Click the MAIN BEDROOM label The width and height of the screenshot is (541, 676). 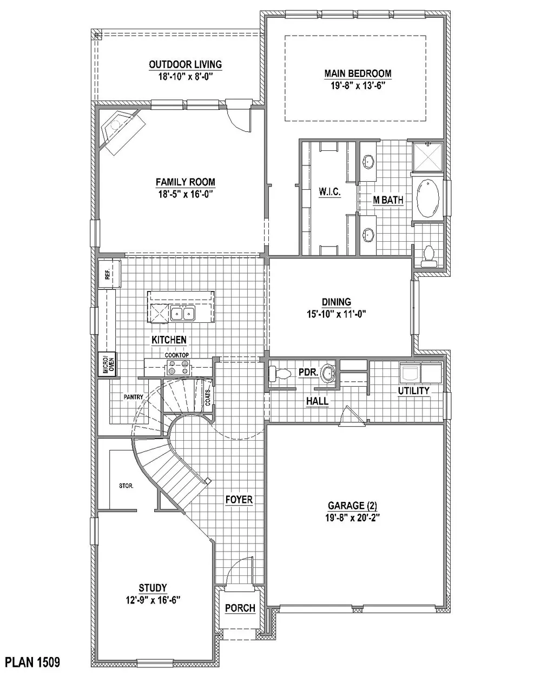358,74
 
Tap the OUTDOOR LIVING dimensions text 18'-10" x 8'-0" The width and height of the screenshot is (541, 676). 186,76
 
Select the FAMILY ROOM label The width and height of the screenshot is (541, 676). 186,182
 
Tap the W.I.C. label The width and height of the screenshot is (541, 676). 329,191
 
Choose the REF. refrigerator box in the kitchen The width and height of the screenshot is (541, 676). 109,274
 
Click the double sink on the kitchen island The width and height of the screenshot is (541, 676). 182,313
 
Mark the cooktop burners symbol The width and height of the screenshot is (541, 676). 178,368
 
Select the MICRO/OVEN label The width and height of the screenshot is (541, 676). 107,364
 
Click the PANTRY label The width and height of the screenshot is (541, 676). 133,397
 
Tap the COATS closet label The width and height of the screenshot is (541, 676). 207,397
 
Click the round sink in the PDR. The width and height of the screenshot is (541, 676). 328,373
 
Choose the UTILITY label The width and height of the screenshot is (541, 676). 414,391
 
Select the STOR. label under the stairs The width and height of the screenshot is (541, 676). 126,486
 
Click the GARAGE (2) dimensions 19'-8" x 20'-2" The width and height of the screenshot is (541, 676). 353,518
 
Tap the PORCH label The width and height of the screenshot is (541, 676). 240,608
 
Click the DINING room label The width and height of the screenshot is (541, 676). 337,302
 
